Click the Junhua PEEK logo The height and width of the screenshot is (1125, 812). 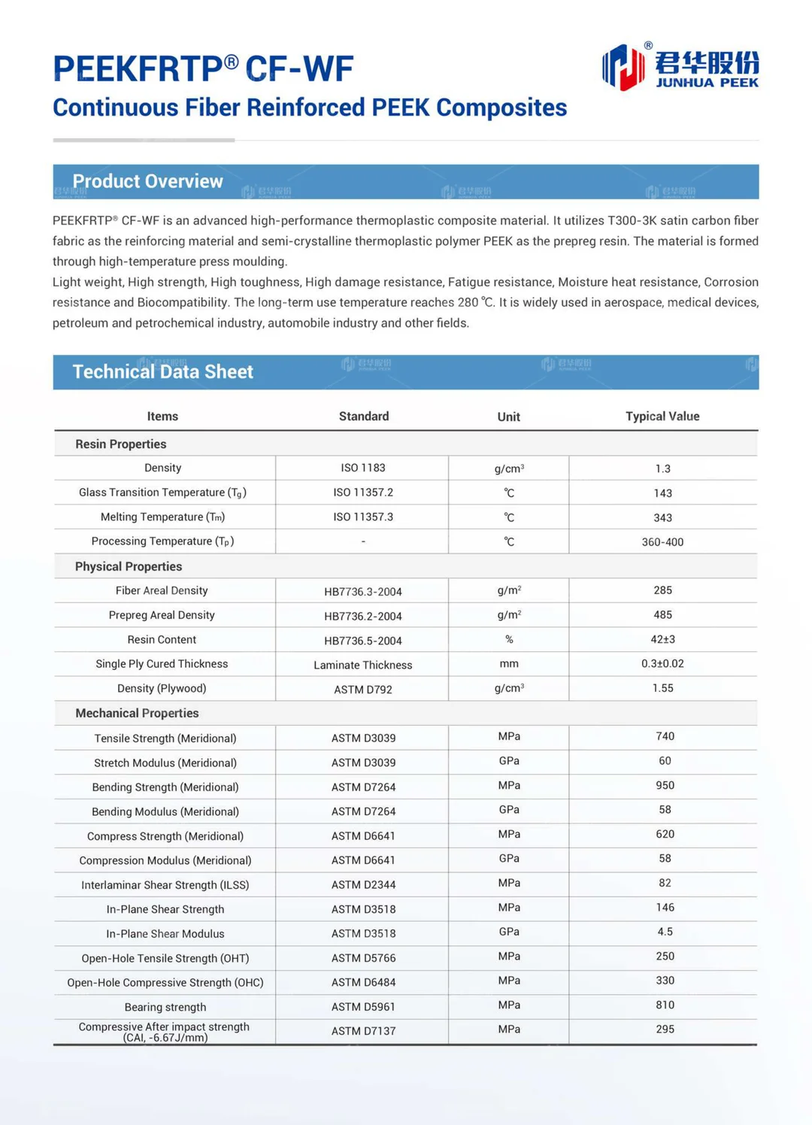(x=680, y=67)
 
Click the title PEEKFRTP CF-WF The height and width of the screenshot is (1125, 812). (x=203, y=69)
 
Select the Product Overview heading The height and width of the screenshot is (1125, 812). (x=147, y=181)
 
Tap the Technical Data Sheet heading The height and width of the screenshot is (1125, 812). (x=162, y=371)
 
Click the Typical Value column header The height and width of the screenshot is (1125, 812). (x=662, y=417)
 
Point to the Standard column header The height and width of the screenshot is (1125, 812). (x=363, y=417)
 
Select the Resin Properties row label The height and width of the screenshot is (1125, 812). (x=120, y=444)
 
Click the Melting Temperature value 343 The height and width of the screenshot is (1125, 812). (x=662, y=517)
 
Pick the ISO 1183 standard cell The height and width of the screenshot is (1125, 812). (x=363, y=468)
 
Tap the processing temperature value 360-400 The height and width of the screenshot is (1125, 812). (x=662, y=542)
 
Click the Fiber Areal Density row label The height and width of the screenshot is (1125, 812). (x=162, y=591)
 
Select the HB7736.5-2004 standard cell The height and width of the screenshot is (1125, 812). (x=363, y=641)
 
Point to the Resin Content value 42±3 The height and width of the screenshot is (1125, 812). (x=662, y=639)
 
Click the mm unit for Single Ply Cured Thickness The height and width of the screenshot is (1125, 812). (x=509, y=664)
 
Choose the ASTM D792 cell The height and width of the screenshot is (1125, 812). (x=363, y=690)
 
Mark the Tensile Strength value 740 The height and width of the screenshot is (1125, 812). (x=665, y=736)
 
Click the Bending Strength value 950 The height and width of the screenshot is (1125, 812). (x=665, y=785)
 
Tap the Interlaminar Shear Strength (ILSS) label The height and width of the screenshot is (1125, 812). (x=165, y=885)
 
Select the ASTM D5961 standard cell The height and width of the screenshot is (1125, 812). (x=363, y=1007)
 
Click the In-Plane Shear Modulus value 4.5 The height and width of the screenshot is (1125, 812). (x=665, y=932)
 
